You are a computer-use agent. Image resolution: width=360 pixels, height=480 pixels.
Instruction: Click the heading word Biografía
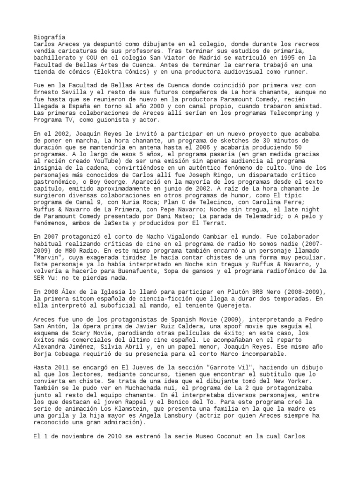[x=50, y=37]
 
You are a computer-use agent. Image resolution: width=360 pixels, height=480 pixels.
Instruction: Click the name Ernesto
[x=48, y=92]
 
